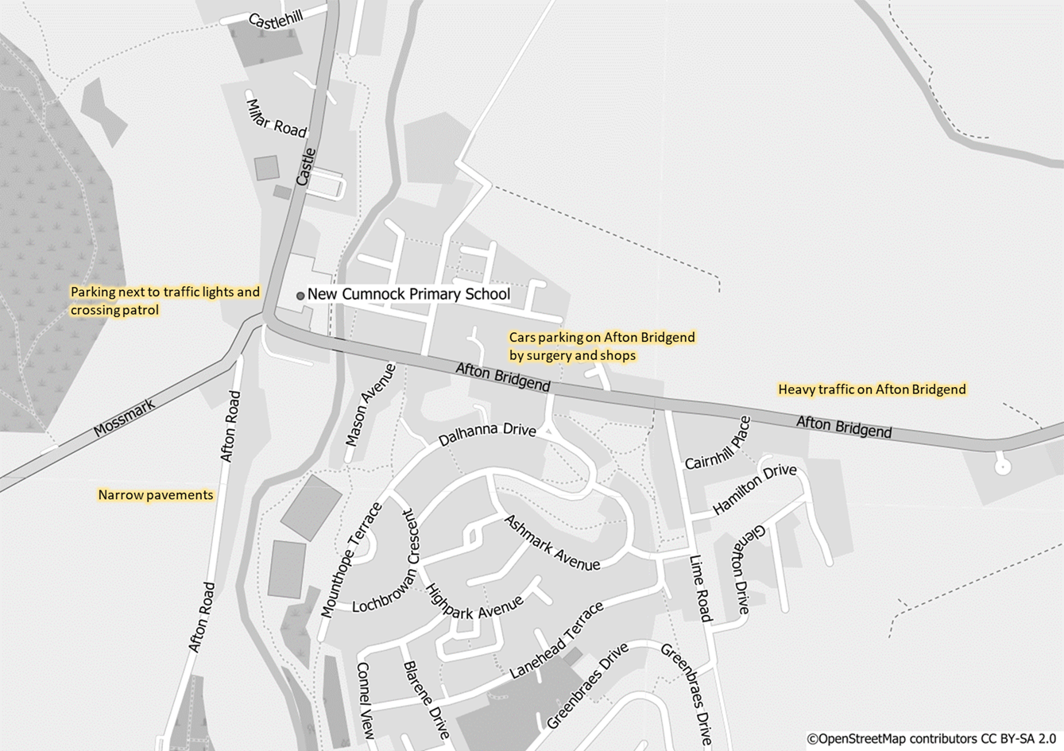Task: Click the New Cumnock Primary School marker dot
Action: pyautogui.click(x=300, y=296)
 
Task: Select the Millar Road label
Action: pyautogui.click(x=276, y=118)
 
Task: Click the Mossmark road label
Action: pyautogui.click(x=125, y=418)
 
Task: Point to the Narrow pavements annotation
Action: pyautogui.click(x=156, y=495)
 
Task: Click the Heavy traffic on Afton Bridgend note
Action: pyautogui.click(x=872, y=389)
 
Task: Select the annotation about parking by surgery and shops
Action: pyautogui.click(x=602, y=346)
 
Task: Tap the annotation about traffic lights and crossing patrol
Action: pyautogui.click(x=164, y=300)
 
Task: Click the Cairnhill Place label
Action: pyautogui.click(x=718, y=443)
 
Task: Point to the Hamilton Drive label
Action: pyautogui.click(x=754, y=490)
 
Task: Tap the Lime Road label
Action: pyautogui.click(x=701, y=588)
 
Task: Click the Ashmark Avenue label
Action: pyautogui.click(x=552, y=543)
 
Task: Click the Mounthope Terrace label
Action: pyautogui.click(x=350, y=559)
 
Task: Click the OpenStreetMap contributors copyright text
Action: pyautogui.click(x=933, y=739)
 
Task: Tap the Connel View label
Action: pyautogui.click(x=365, y=701)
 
